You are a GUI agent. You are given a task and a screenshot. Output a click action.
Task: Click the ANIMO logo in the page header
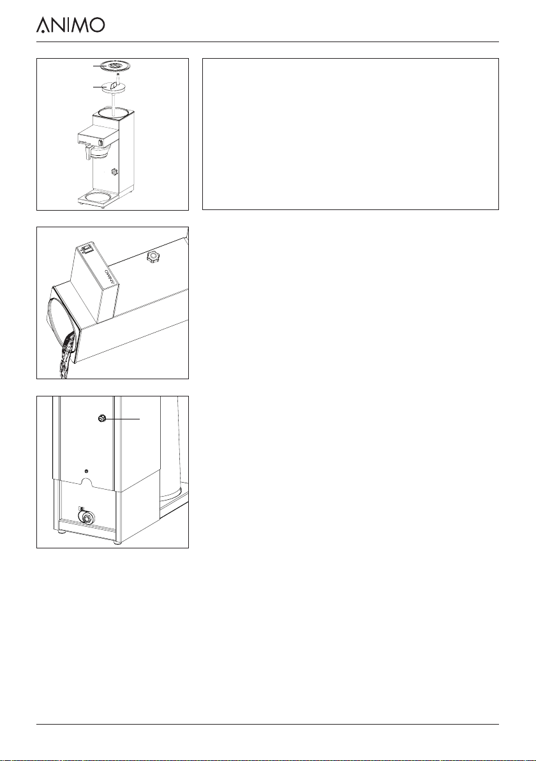click(70, 25)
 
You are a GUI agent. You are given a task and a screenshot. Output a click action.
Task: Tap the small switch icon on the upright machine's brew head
click(100, 142)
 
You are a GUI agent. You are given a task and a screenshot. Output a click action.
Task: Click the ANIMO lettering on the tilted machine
click(109, 276)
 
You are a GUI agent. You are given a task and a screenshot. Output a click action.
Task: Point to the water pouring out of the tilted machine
click(65, 358)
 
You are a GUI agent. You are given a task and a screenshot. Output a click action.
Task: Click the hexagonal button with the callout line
click(102, 418)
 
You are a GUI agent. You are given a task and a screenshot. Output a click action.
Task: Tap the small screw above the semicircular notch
click(86, 471)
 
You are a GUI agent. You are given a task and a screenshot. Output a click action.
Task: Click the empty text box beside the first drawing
click(350, 134)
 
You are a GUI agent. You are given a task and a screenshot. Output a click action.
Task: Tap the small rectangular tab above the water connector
click(81, 508)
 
